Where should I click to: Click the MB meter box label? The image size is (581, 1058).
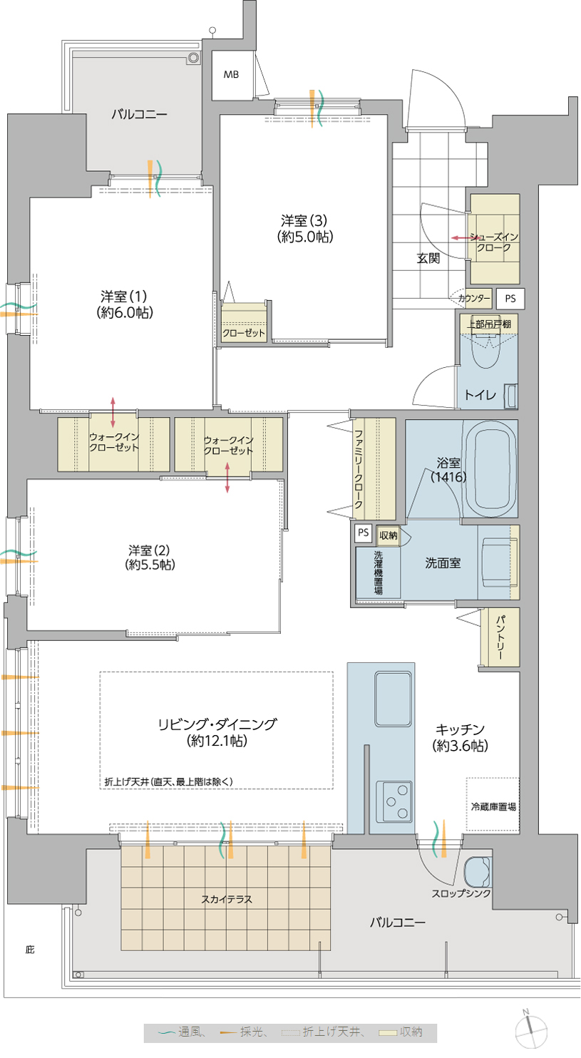[x=231, y=75]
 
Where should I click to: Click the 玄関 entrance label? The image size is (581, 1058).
[x=428, y=258]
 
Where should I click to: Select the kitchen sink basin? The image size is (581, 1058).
[x=393, y=699]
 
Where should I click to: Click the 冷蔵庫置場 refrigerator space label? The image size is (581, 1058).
[x=493, y=807]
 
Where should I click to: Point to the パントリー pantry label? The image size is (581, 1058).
[x=500, y=637]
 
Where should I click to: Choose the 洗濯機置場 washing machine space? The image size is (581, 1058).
[x=379, y=572]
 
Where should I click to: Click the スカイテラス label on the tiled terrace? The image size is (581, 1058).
[x=227, y=899]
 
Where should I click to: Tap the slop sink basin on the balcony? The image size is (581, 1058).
[x=478, y=872]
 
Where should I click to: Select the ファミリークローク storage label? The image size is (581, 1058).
[x=359, y=468]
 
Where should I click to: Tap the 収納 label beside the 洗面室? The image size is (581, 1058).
[x=389, y=535]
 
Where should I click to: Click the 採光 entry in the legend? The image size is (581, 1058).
[x=242, y=1032]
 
